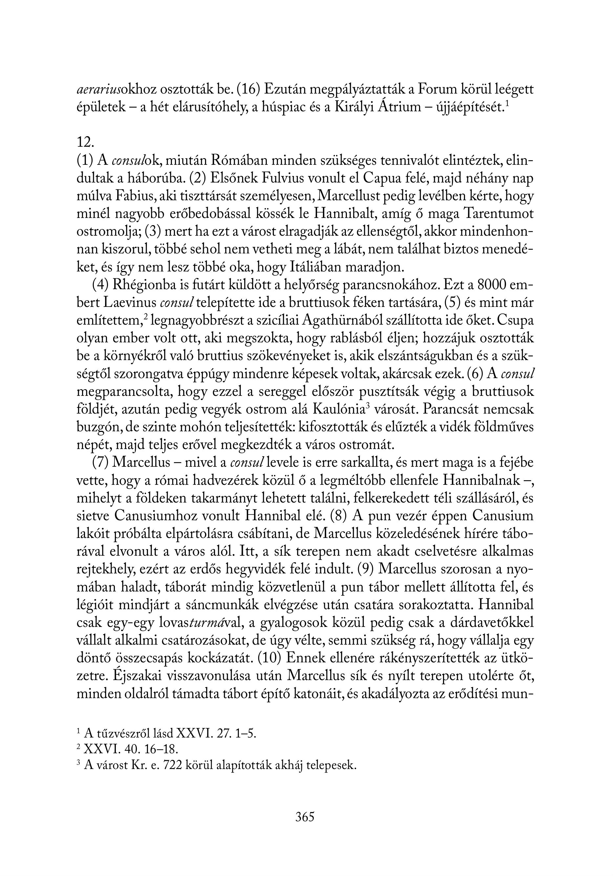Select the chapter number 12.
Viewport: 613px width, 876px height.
(x=85, y=142)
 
